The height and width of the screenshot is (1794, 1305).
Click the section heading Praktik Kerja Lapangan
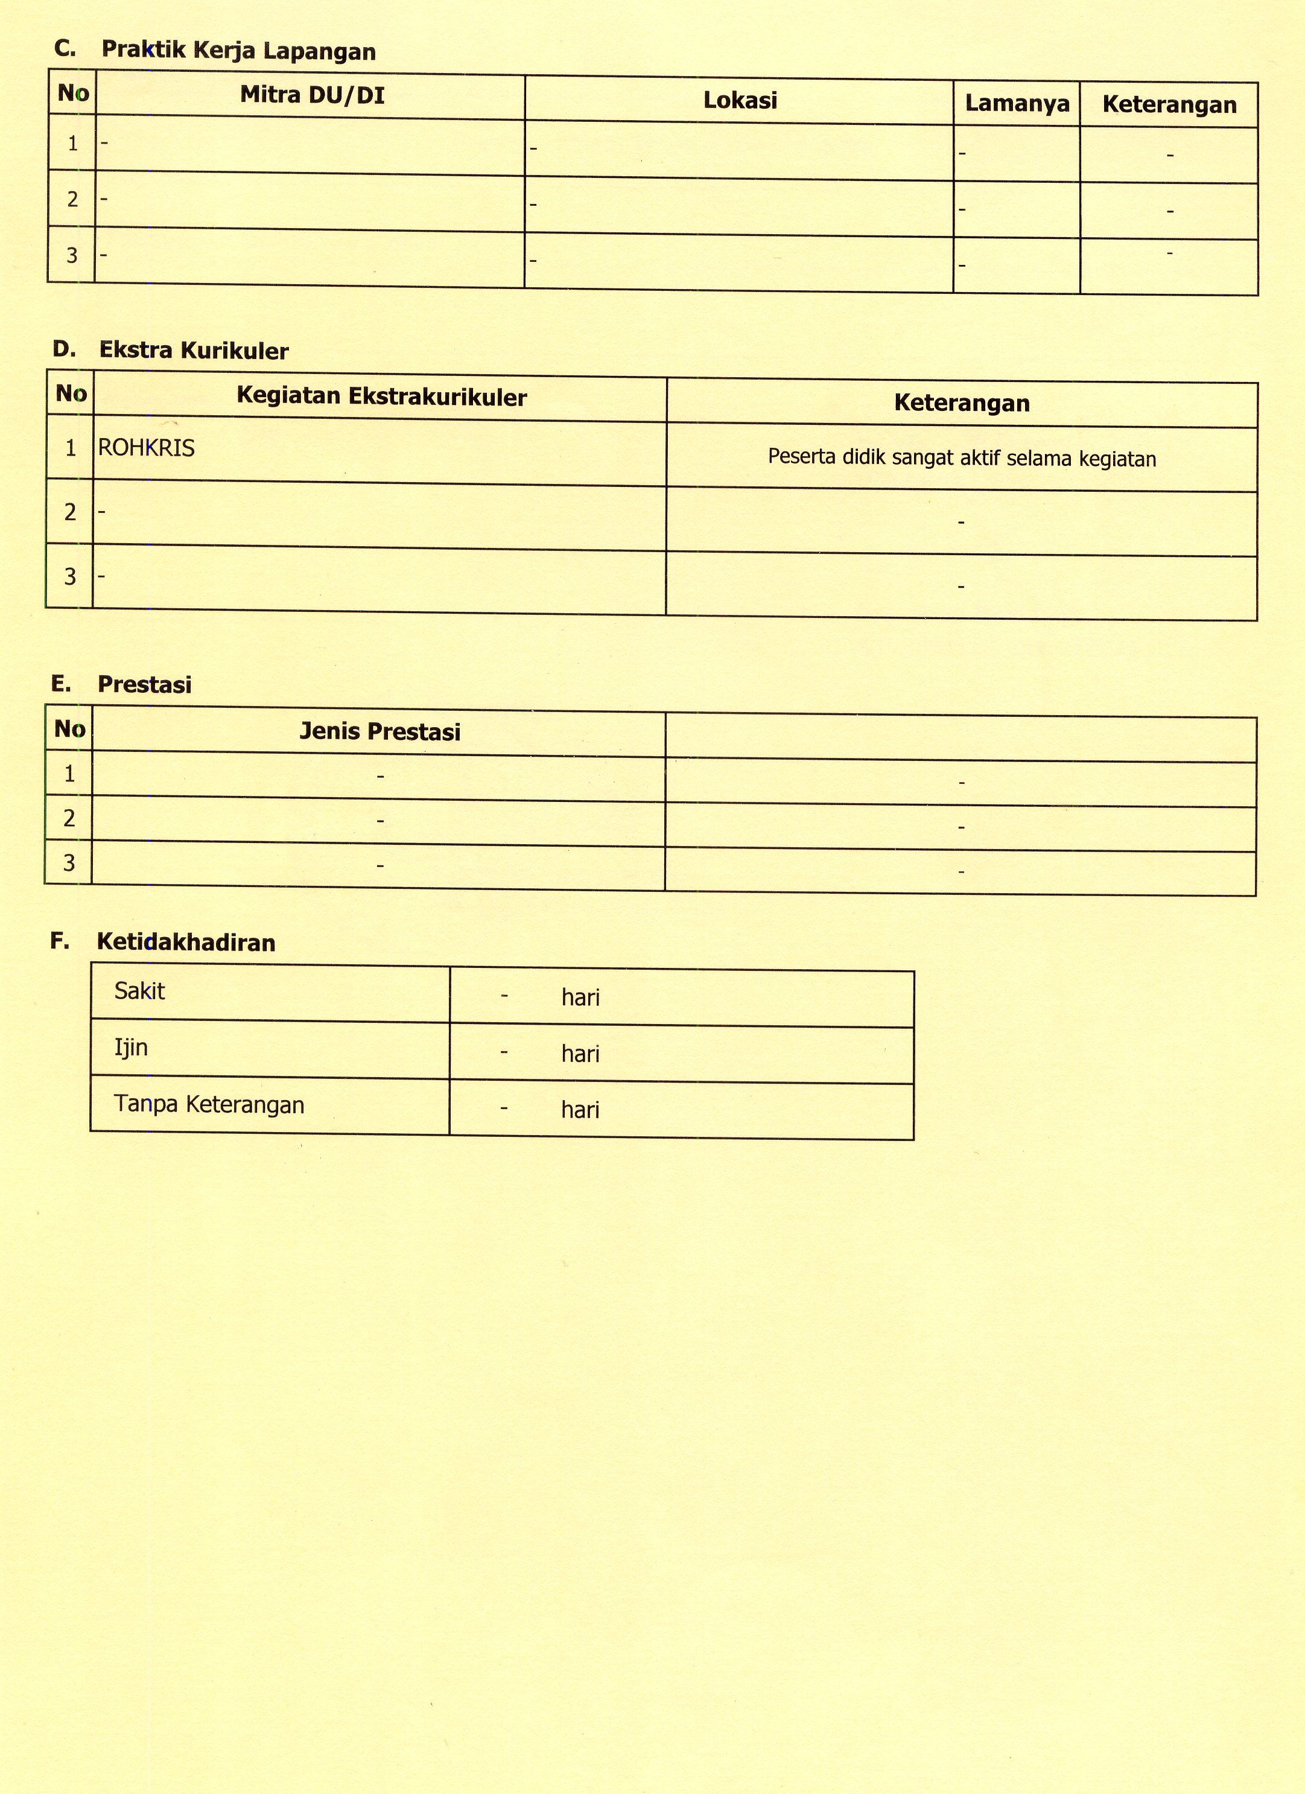[238, 51]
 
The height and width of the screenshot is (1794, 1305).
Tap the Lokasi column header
[740, 100]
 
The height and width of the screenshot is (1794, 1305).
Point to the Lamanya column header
[1017, 104]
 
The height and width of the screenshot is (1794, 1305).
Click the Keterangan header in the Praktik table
[1169, 104]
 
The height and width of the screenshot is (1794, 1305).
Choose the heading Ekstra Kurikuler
[194, 351]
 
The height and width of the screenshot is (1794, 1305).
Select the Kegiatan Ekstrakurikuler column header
[381, 396]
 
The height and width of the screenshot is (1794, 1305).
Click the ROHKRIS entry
[147, 448]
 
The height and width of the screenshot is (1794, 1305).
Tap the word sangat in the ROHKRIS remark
[923, 458]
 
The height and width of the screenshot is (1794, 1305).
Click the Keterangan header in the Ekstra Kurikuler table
[962, 404]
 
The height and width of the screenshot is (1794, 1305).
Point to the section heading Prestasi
[144, 684]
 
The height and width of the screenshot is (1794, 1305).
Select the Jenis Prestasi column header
[379, 732]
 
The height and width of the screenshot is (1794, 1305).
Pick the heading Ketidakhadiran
[186, 942]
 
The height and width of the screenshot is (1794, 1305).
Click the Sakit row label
[139, 991]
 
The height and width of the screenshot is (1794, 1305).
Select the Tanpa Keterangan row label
[209, 1104]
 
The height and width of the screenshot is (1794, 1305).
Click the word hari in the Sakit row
[580, 997]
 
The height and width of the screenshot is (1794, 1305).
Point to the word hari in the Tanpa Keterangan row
[580, 1110]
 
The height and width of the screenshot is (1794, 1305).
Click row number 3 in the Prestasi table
[69, 862]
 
